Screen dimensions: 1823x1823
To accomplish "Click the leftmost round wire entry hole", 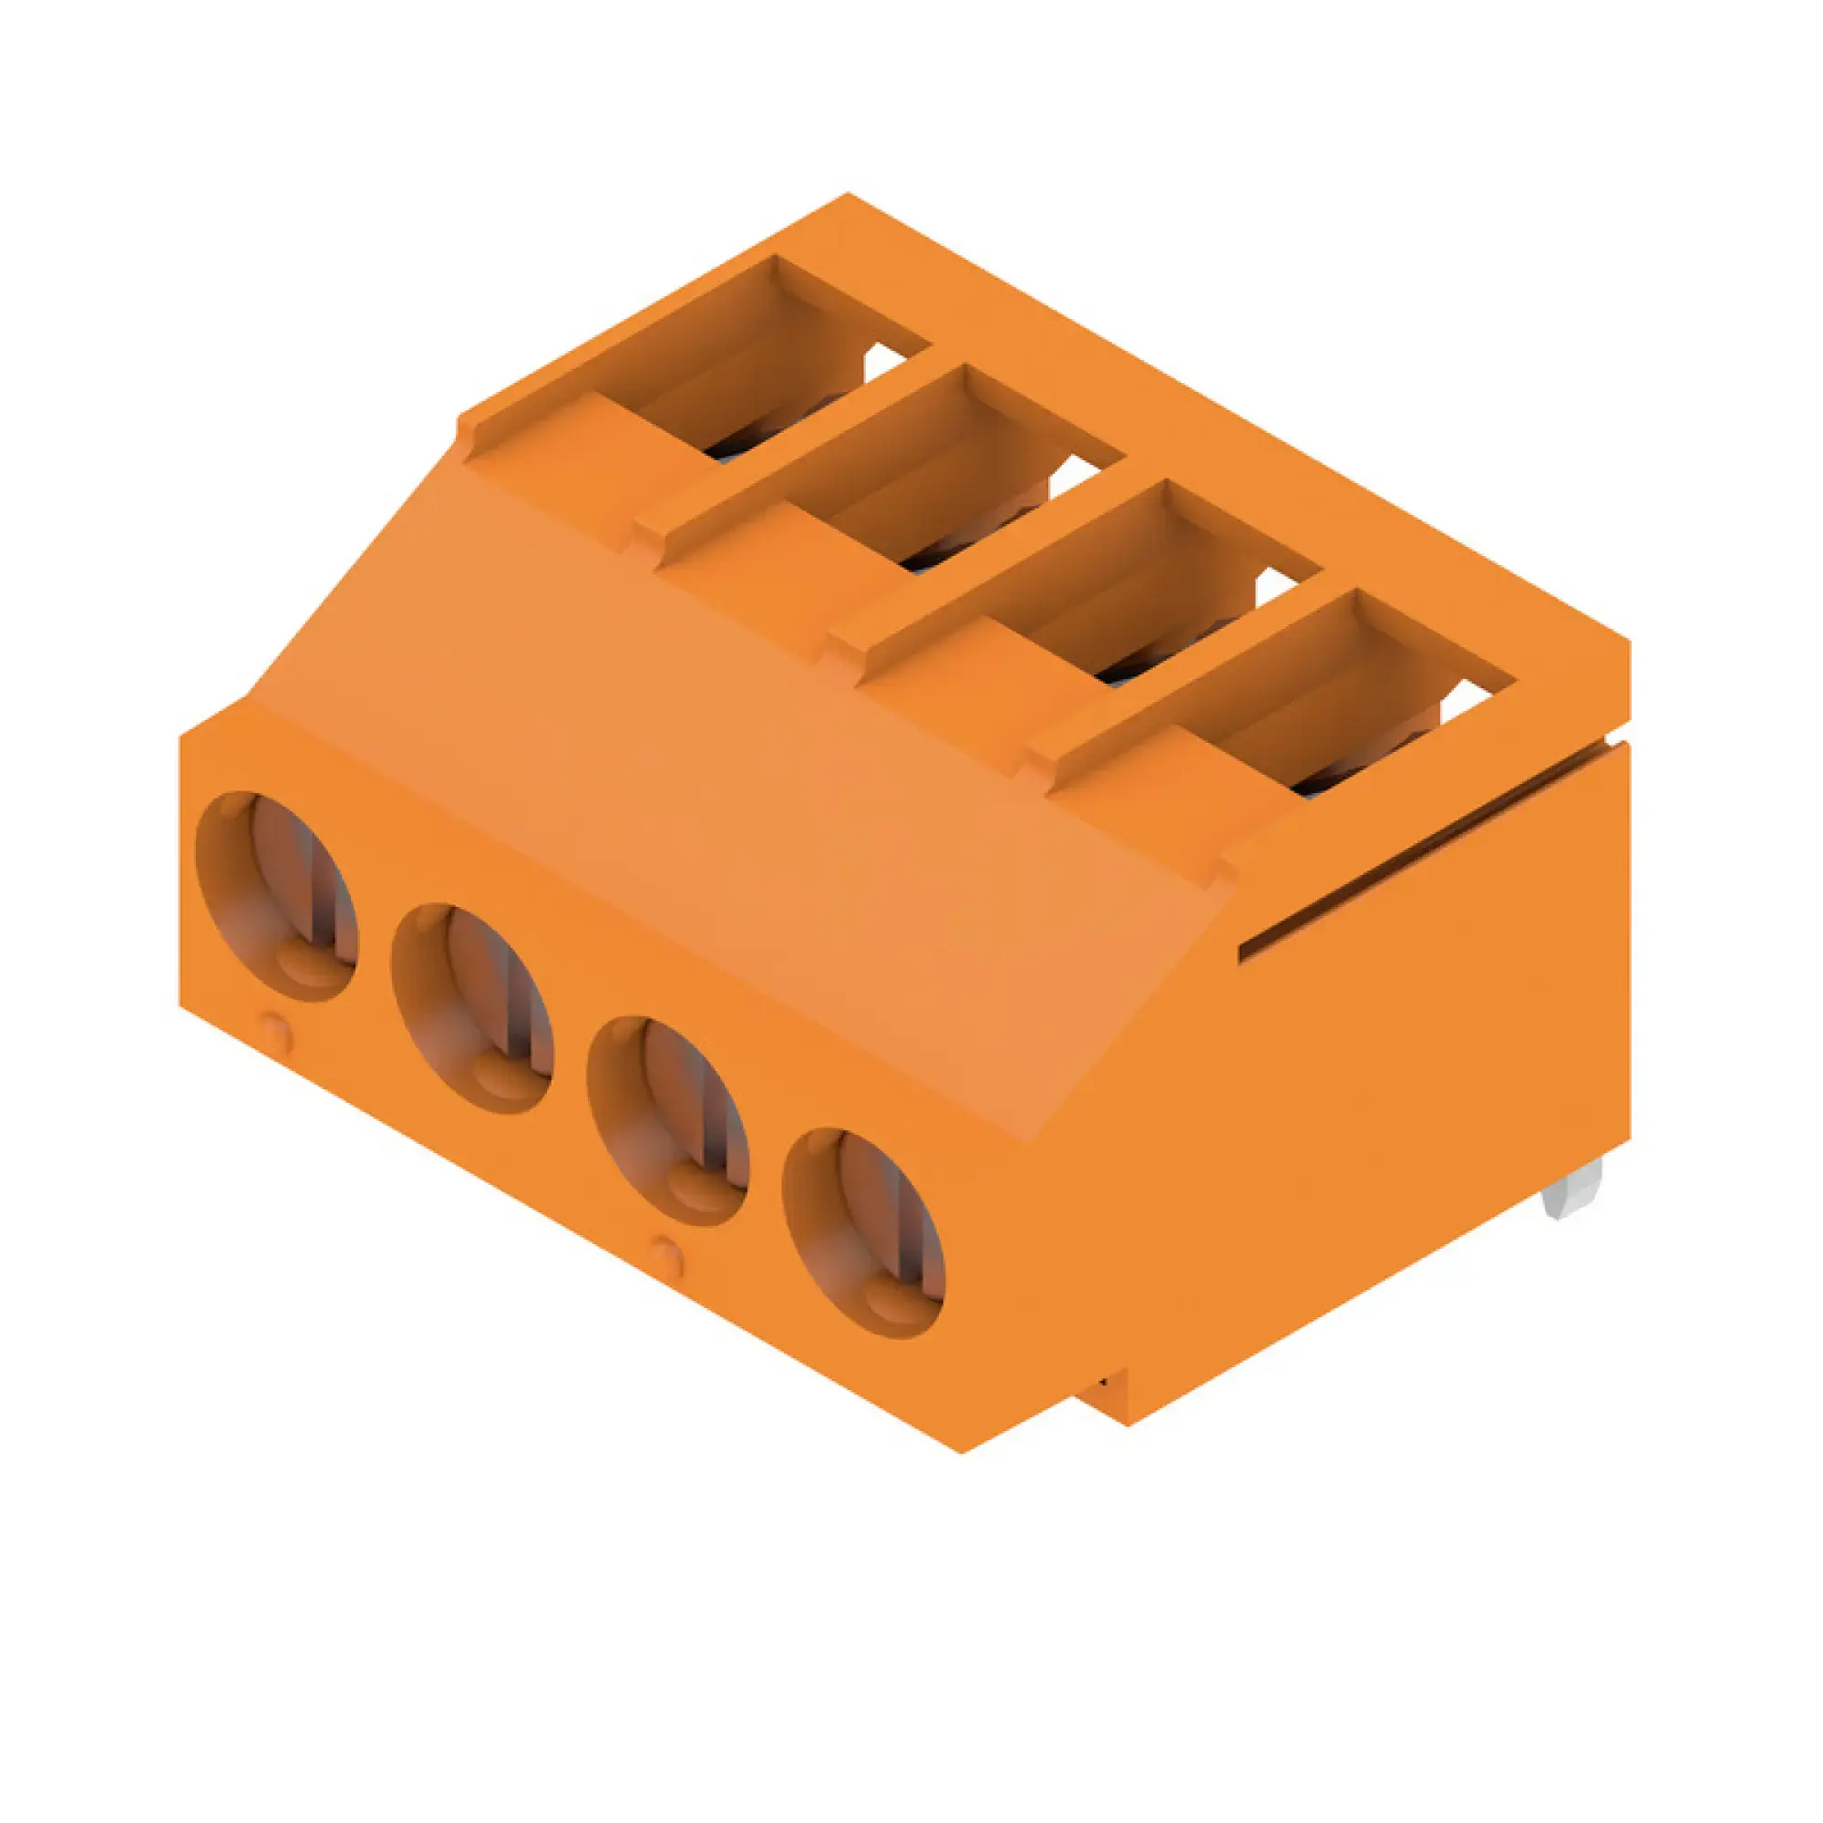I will [276, 894].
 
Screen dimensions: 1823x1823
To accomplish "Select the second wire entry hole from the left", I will [472, 1008].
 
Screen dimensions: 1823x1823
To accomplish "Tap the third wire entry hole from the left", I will [667, 1121].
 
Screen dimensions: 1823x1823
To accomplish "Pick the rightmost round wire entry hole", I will [862, 1232].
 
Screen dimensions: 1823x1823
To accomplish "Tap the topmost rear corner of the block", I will [847, 196].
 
